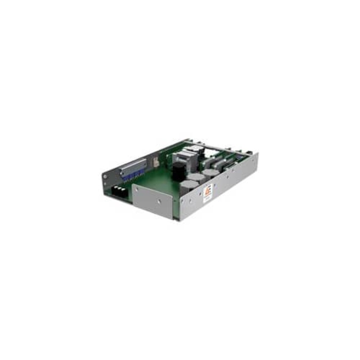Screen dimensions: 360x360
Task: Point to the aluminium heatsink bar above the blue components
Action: (133, 166)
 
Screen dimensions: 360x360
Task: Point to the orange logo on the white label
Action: (207, 191)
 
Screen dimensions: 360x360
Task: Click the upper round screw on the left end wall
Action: (105, 177)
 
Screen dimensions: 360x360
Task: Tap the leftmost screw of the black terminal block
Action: (115, 189)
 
